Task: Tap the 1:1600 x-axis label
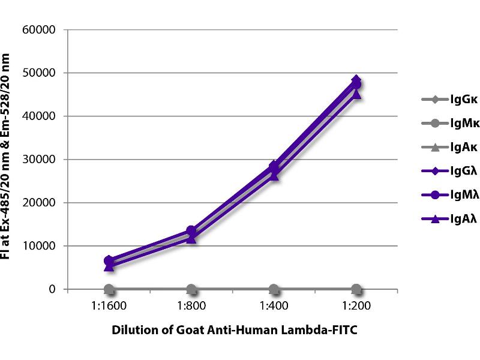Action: tap(109, 305)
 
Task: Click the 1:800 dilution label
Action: tap(191, 305)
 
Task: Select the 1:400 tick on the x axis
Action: tap(274, 305)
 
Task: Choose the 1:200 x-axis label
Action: tap(356, 305)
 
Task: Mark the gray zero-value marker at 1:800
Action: tap(191, 289)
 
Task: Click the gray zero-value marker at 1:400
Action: tap(274, 289)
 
